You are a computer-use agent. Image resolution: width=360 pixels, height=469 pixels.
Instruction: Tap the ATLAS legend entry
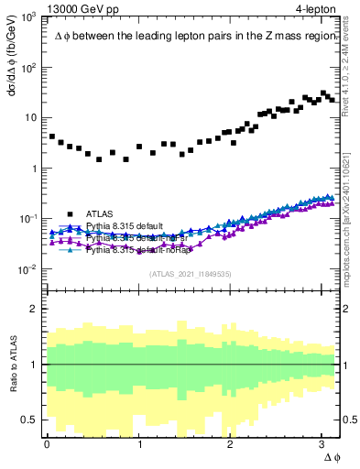tap(100, 213)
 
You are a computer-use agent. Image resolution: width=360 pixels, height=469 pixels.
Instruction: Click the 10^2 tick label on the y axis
tap(30, 68)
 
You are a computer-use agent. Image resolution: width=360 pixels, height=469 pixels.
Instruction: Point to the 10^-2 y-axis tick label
tap(29, 269)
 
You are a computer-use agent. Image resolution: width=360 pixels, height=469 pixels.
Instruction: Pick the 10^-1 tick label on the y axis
tap(29, 219)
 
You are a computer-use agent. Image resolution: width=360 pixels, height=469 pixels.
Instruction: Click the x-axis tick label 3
tap(323, 444)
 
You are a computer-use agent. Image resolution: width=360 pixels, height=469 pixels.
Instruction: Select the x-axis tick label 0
tap(47, 444)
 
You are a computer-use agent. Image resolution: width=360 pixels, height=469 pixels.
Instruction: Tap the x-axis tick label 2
tap(231, 444)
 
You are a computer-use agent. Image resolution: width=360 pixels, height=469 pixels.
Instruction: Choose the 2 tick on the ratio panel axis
tap(37, 309)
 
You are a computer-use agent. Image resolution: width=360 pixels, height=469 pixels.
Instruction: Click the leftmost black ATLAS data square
tap(52, 136)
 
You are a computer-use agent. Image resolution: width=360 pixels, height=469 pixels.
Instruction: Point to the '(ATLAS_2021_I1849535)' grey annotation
tap(190, 273)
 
